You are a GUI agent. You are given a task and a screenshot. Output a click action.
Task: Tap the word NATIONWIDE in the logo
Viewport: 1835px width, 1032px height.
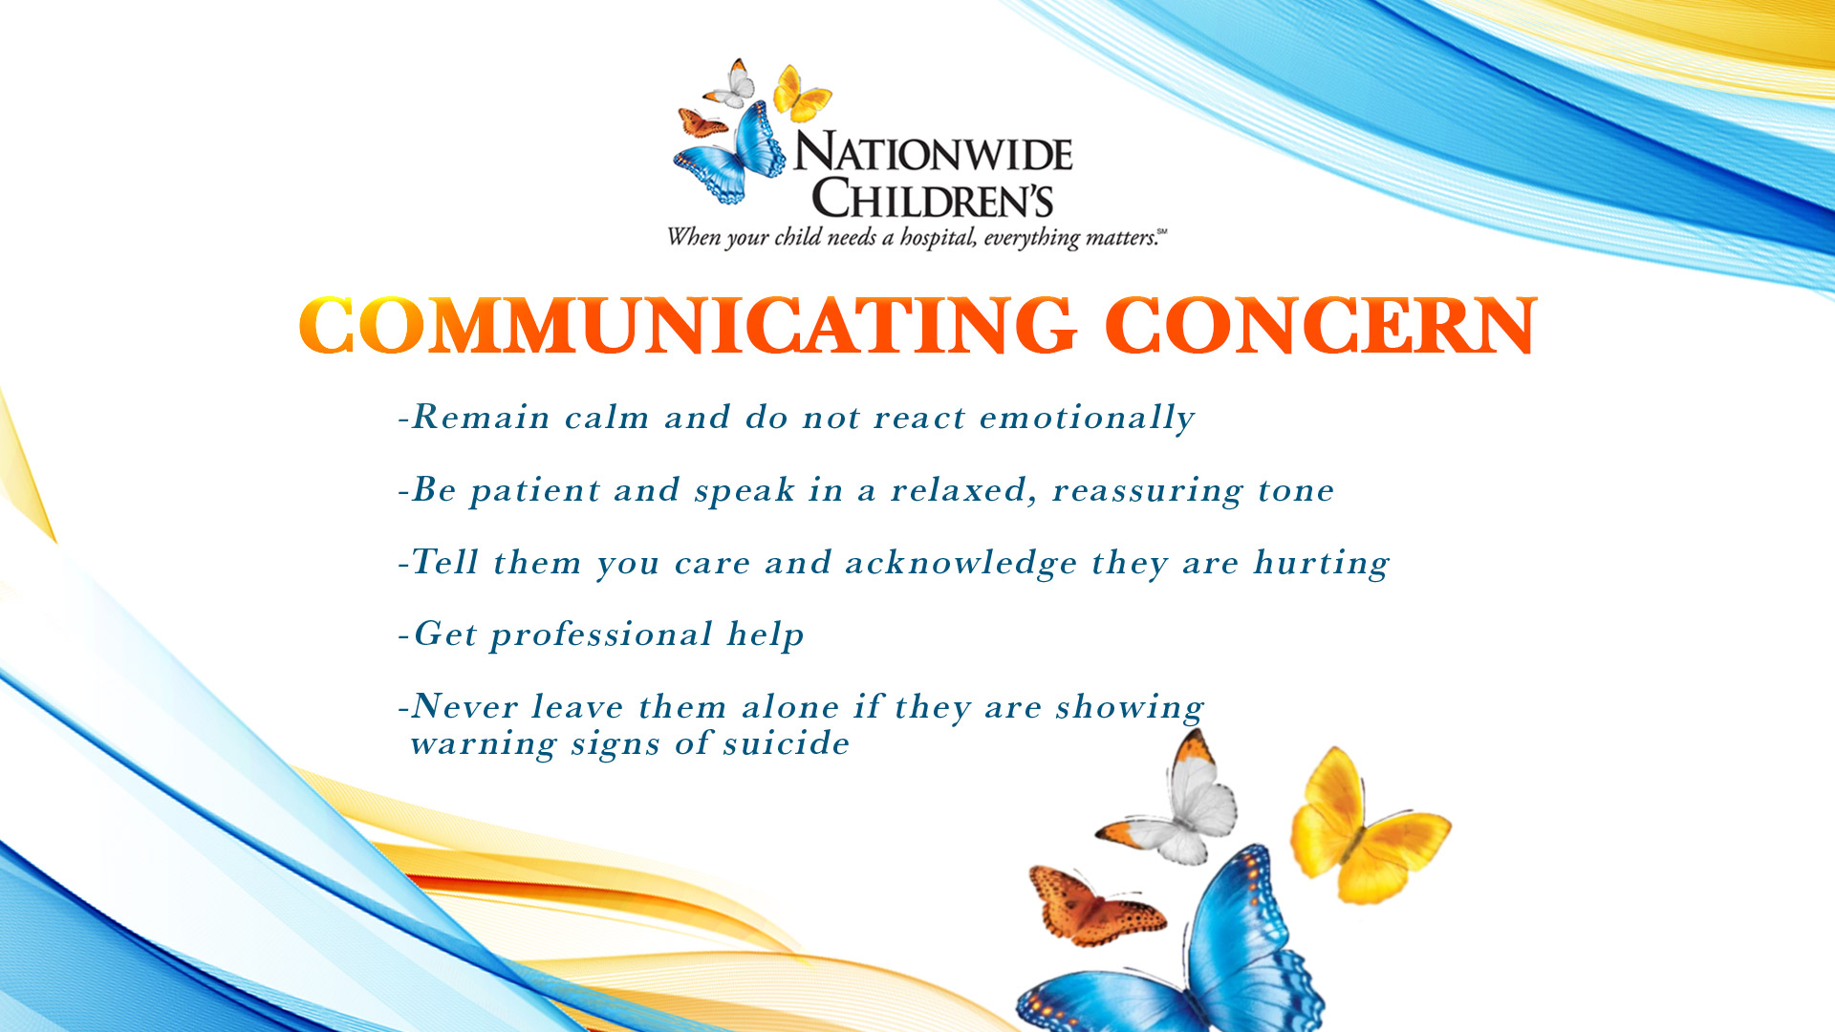tap(934, 152)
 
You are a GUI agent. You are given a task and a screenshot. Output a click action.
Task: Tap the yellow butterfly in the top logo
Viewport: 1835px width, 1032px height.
tap(801, 94)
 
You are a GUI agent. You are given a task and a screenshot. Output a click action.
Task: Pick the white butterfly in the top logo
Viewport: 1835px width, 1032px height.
tap(731, 84)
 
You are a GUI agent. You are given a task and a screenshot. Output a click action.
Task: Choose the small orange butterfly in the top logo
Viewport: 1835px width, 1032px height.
tap(702, 122)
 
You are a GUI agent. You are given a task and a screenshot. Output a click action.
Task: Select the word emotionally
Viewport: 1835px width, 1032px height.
tap(1087, 419)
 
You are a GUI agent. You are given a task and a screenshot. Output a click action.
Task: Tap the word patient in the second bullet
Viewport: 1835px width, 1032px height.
tap(535, 491)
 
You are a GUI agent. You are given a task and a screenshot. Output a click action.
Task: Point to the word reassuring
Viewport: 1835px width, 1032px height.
tap(1147, 491)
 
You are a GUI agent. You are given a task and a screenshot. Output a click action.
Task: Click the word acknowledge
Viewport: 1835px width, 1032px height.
tap(961, 563)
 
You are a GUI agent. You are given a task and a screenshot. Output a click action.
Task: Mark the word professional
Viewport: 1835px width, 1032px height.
tap(601, 635)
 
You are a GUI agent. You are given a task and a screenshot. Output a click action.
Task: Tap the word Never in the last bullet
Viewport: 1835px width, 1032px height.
tap(464, 707)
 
